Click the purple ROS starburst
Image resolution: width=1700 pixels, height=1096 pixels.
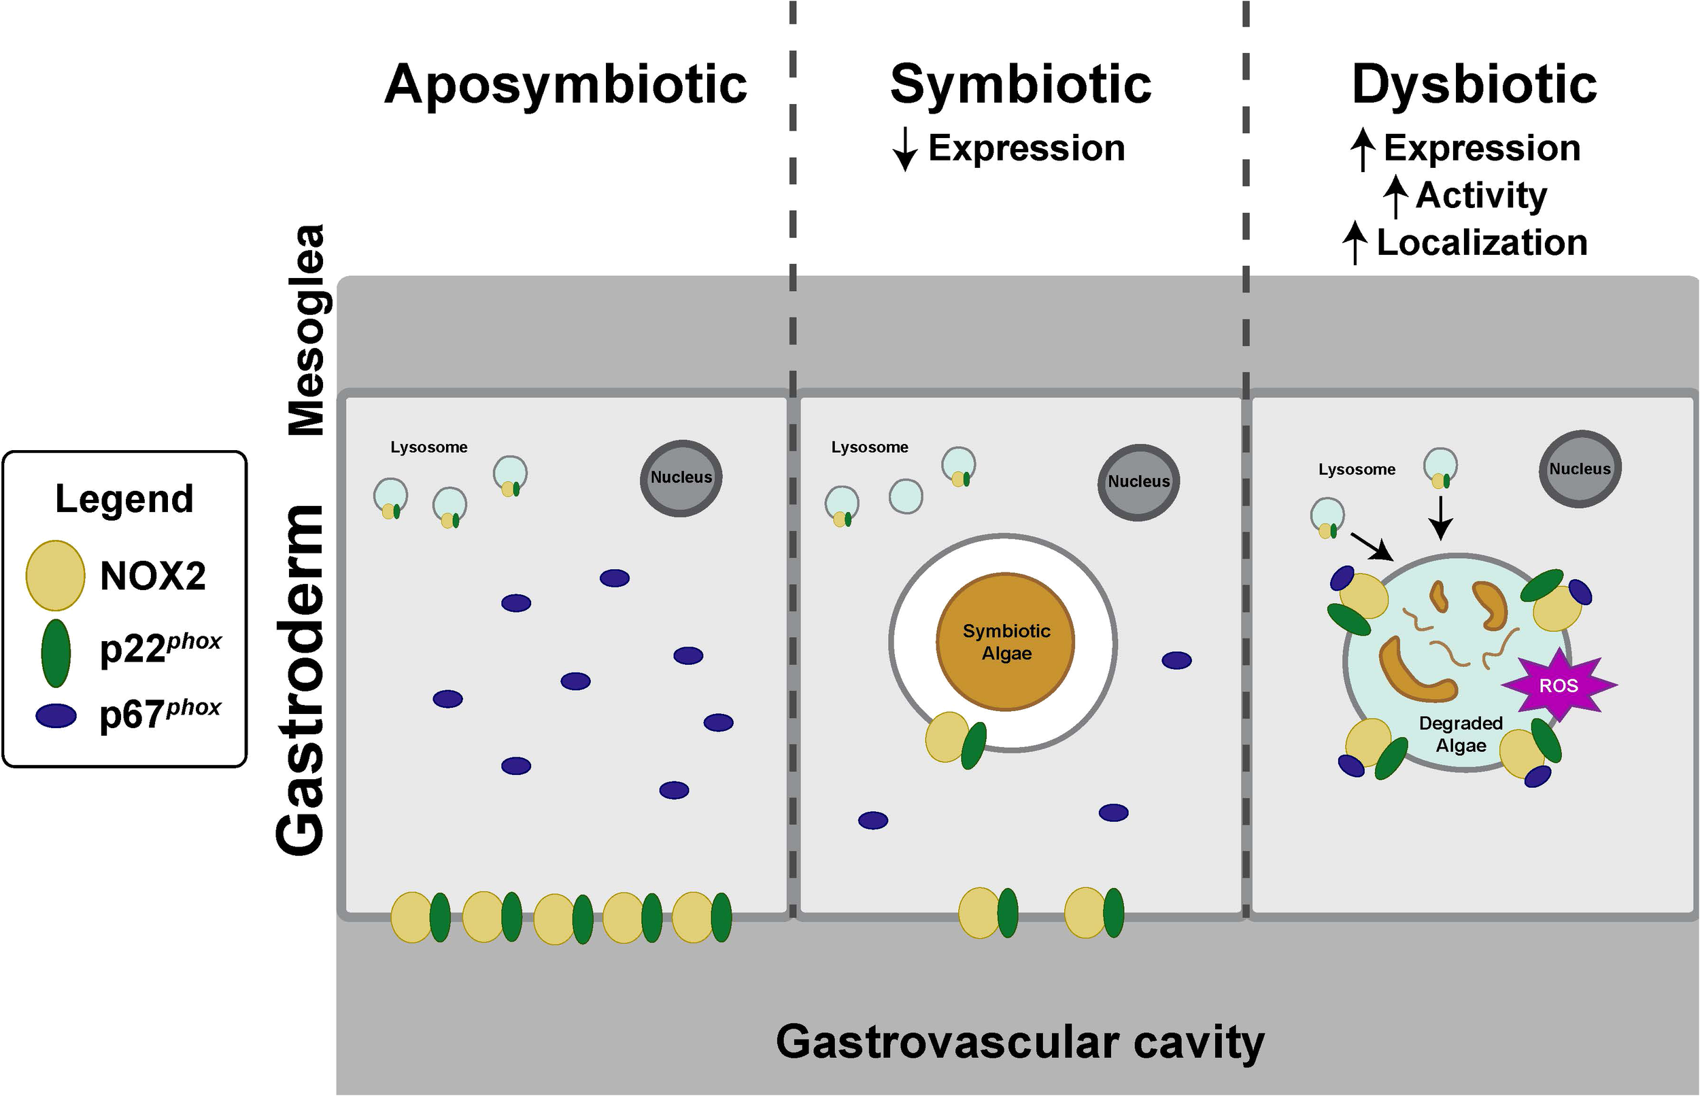(1559, 685)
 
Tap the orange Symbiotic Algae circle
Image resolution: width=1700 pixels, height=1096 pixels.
(1006, 641)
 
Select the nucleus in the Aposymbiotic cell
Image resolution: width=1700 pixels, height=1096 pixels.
(681, 477)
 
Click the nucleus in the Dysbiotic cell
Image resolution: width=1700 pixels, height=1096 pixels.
(1580, 469)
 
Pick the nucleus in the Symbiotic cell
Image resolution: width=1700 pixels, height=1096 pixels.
(1138, 482)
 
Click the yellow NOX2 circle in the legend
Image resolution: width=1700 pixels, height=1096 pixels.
(56, 575)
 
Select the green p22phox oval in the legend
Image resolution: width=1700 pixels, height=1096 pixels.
(56, 652)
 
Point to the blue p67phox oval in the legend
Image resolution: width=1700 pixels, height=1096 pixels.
(56, 715)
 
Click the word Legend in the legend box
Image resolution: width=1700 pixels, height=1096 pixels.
(124, 499)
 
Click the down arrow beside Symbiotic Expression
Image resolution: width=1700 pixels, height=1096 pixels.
(904, 150)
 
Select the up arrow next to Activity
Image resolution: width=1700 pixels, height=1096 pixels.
(1395, 196)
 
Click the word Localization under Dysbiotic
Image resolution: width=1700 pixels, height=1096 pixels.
(1482, 243)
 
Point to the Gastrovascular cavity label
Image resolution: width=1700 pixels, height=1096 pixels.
(1020, 1042)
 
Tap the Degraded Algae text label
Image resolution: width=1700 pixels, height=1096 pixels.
(1460, 734)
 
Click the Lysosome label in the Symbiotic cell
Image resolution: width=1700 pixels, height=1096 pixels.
(870, 447)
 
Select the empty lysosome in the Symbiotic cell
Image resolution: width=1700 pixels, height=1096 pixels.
(906, 496)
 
